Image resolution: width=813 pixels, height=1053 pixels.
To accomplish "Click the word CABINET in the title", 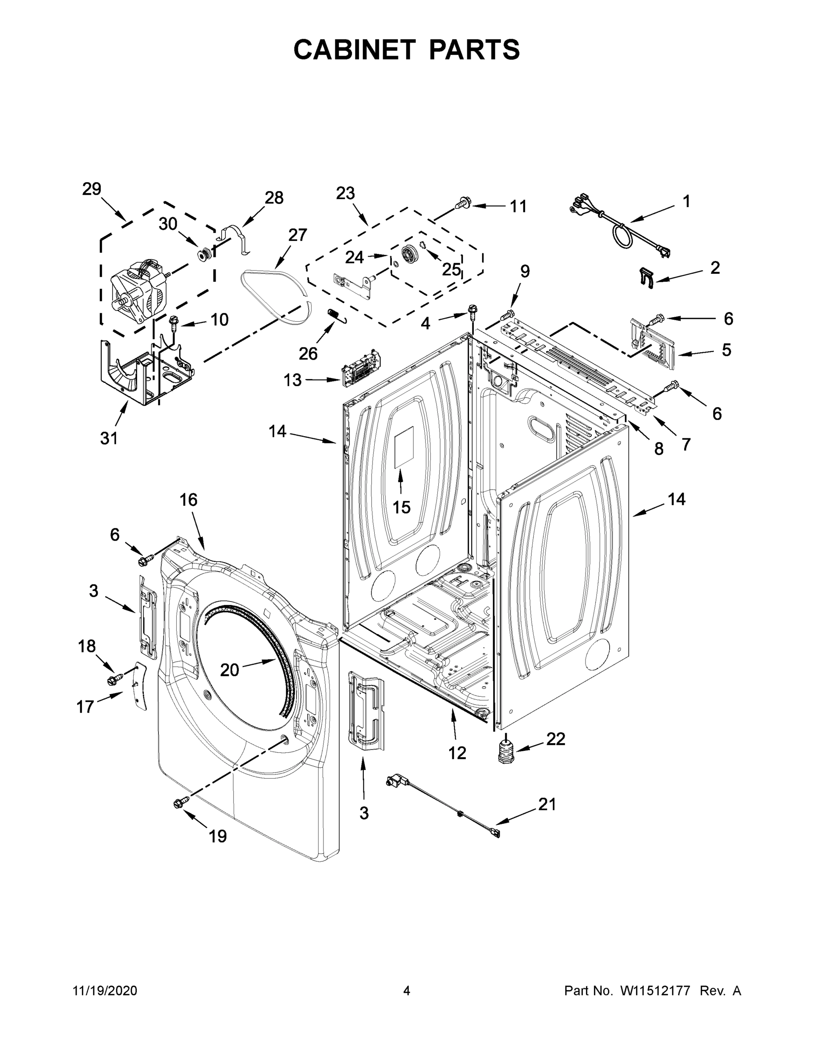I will click(355, 49).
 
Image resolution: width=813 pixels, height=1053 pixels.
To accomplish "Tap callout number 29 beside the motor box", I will click(92, 189).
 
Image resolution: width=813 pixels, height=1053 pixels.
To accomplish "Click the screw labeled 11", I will click(464, 204).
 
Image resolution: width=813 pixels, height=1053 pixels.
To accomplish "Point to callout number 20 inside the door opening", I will click(229, 670).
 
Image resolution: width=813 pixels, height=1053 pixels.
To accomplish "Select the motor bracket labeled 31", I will click(145, 376).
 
